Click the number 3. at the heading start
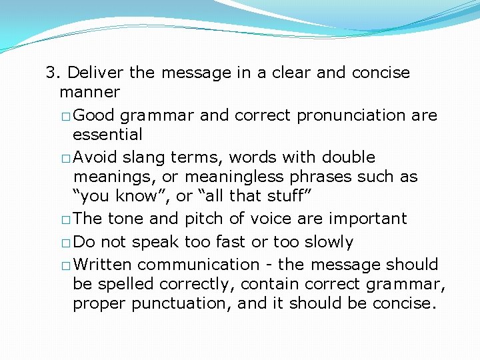coord(53,73)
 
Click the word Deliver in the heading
coord(92,73)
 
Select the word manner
coord(89,92)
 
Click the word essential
coord(107,135)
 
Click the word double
coord(349,158)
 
